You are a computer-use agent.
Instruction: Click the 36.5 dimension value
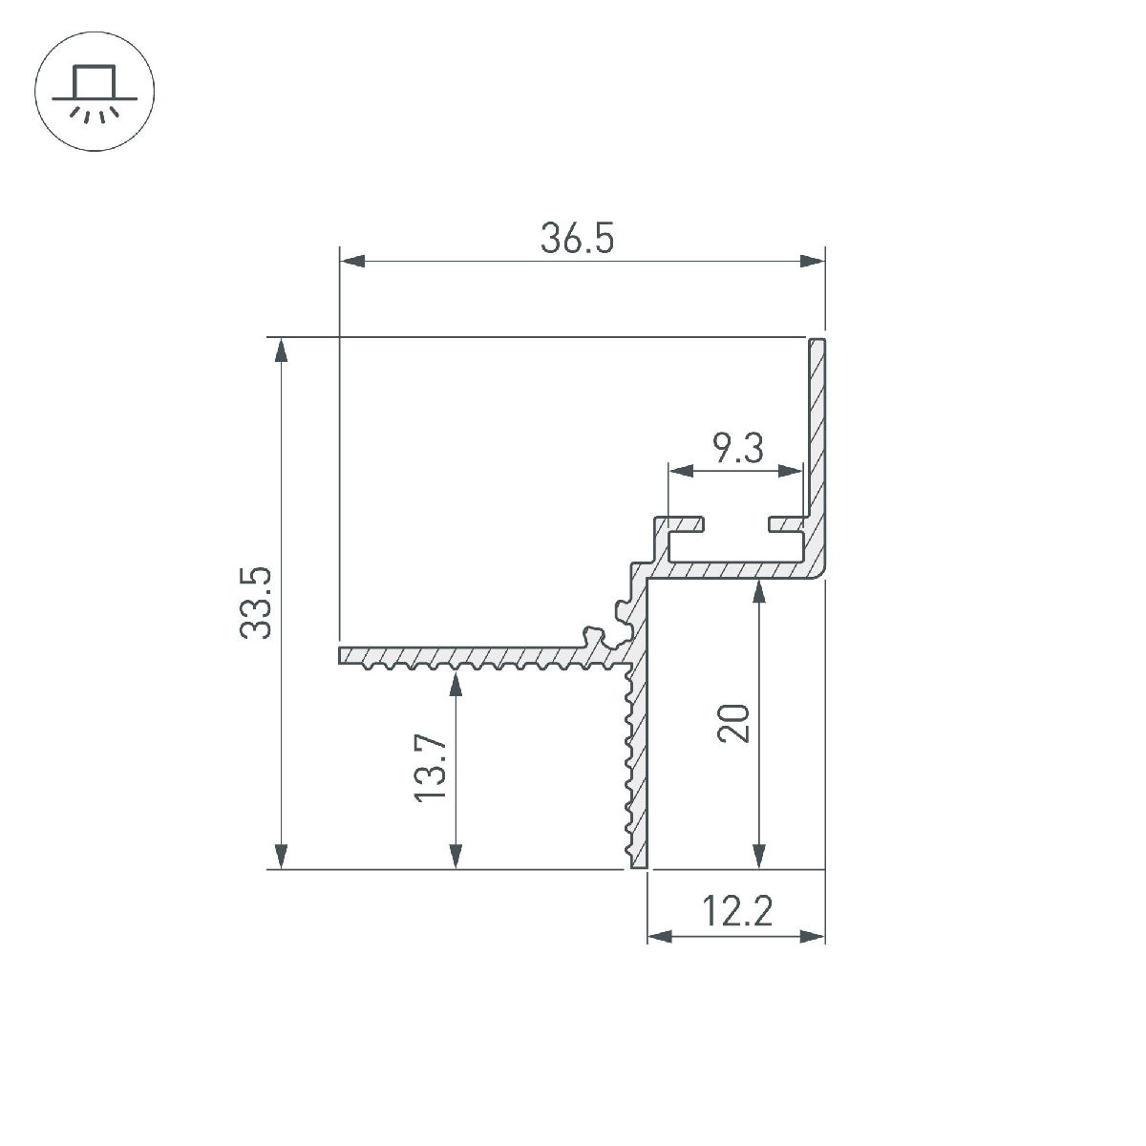pyautogui.click(x=577, y=238)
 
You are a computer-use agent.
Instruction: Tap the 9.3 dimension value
pyautogui.click(x=737, y=449)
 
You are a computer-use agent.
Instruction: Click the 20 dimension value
pyautogui.click(x=733, y=723)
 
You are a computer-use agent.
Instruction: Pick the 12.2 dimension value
pyautogui.click(x=737, y=910)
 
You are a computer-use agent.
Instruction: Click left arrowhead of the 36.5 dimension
pyautogui.click(x=352, y=261)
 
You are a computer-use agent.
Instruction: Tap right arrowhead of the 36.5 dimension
pyautogui.click(x=812, y=261)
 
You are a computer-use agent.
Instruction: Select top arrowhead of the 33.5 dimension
pyautogui.click(x=282, y=350)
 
